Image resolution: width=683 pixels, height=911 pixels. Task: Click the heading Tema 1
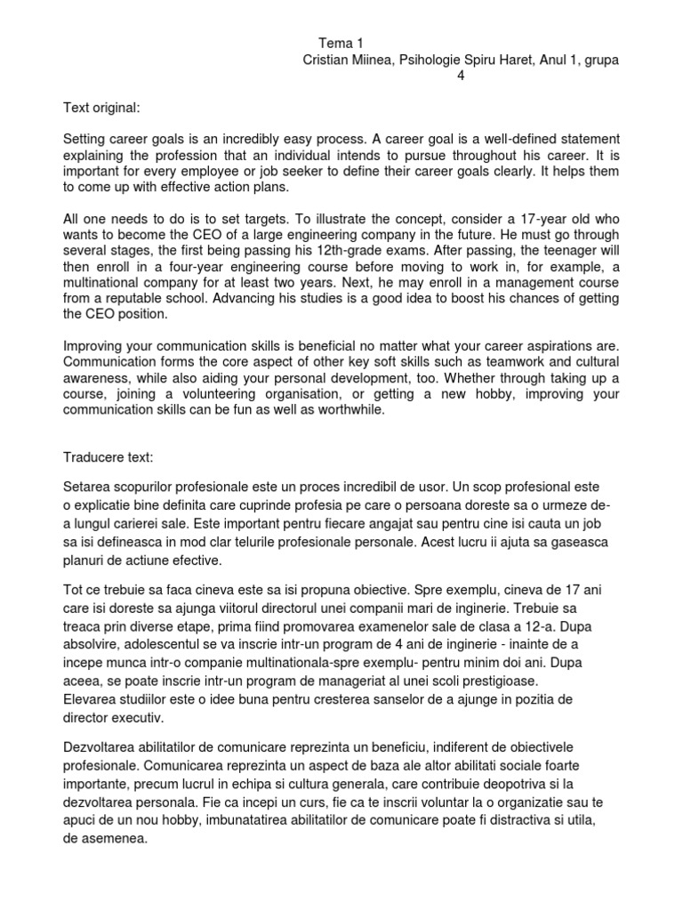(x=341, y=43)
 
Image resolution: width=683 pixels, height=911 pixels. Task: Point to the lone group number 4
(x=460, y=76)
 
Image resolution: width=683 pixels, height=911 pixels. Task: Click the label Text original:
(x=101, y=108)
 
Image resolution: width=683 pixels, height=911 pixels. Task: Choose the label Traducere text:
(x=108, y=456)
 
